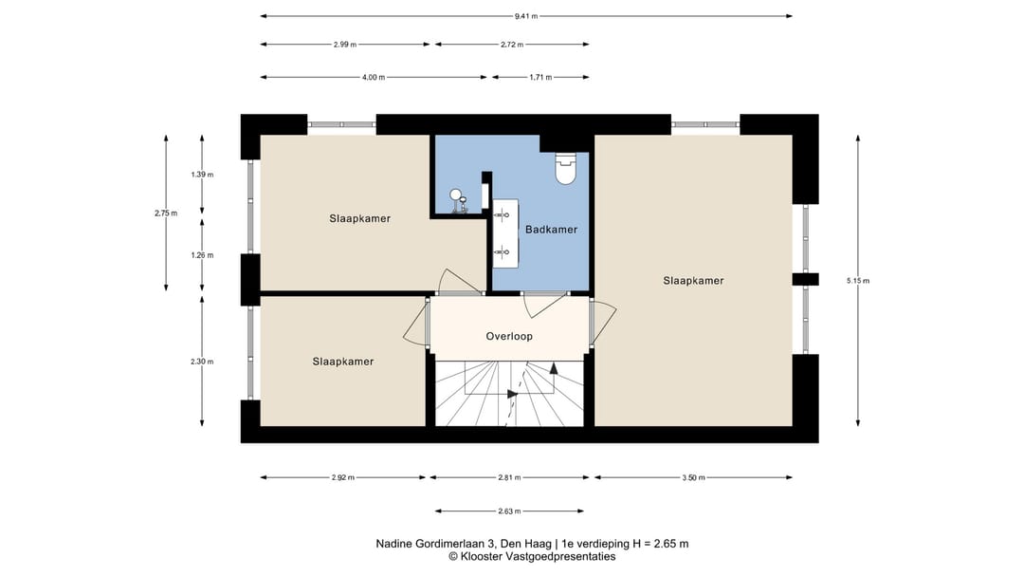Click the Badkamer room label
551,230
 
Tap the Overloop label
509,336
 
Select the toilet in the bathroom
565,168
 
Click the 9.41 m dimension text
525,16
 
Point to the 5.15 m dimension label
858,281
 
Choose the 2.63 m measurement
509,511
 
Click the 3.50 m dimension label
693,478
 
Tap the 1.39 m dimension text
203,175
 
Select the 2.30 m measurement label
203,362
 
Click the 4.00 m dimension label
374,77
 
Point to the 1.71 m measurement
540,77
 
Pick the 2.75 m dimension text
166,214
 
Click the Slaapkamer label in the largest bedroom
693,281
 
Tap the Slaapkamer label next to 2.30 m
343,362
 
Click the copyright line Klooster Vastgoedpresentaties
532,557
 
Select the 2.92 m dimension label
343,478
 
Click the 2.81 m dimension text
509,478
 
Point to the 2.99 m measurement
345,45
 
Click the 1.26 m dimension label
203,255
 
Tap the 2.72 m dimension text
512,45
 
